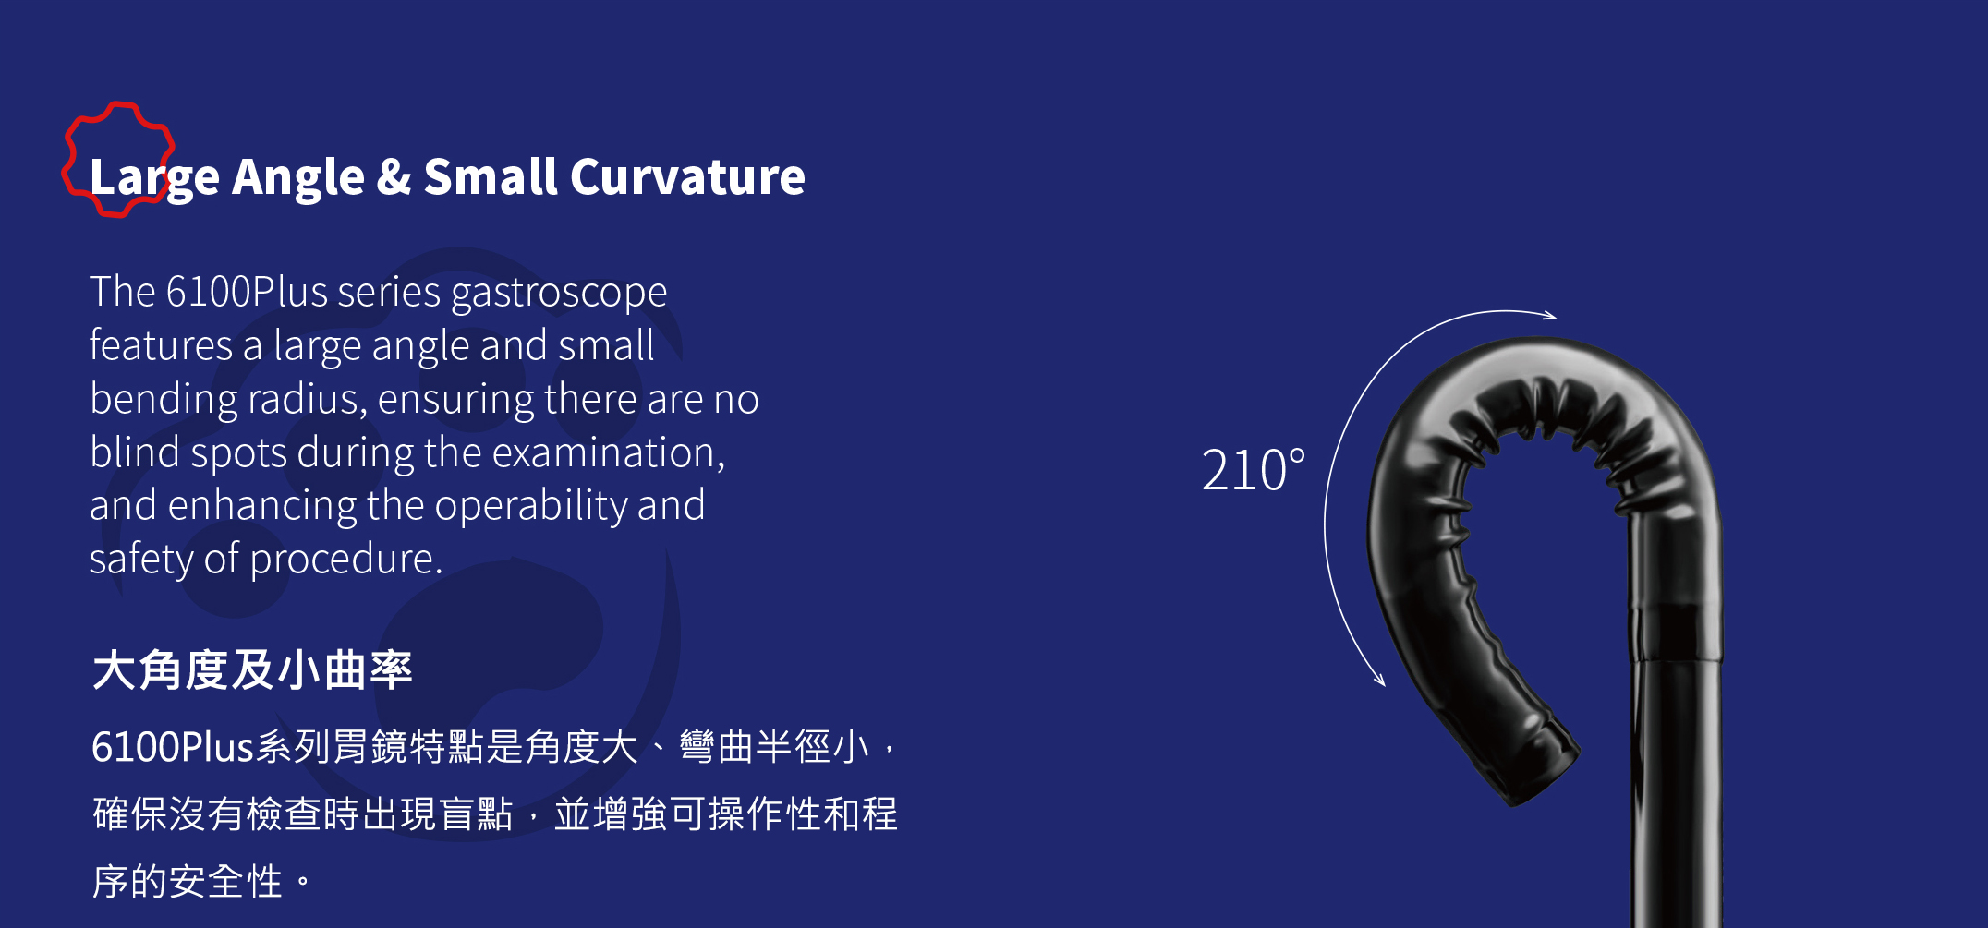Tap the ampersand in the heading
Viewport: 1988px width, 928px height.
click(x=394, y=176)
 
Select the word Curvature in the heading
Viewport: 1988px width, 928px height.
click(x=687, y=176)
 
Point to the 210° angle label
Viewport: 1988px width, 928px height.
click(x=1254, y=470)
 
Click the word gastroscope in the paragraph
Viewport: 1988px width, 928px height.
click(x=559, y=294)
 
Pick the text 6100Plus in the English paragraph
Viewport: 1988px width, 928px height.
click(x=247, y=292)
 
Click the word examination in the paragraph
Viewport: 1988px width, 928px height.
click(x=608, y=453)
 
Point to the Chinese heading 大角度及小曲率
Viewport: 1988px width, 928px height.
click(x=252, y=669)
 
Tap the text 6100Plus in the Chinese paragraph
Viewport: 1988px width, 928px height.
click(x=172, y=747)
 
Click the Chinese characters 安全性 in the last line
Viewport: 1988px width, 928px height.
click(x=225, y=882)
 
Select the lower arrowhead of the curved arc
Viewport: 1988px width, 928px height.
click(x=1380, y=680)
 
